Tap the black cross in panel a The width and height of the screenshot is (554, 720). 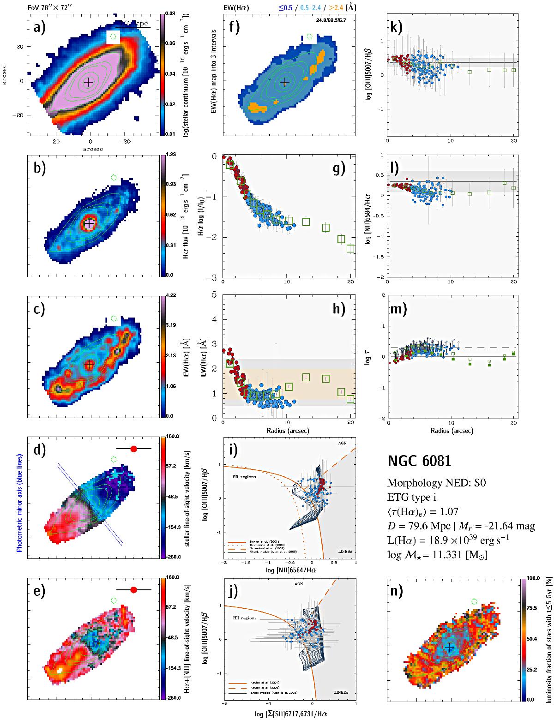(88, 82)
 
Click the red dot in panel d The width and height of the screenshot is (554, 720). (134, 448)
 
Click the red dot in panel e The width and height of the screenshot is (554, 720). (134, 590)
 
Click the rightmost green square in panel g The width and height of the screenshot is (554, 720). (351, 249)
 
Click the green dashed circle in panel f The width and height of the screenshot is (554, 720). (309, 36)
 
